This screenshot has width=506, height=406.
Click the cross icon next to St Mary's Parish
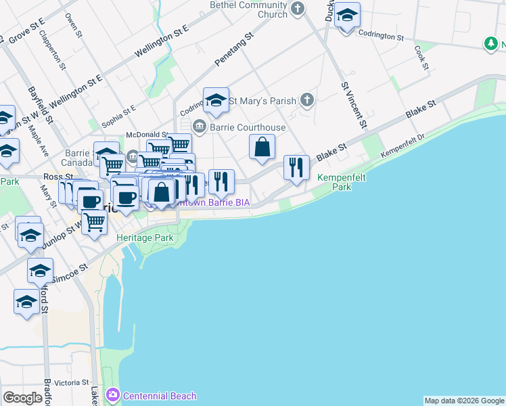coord(307,101)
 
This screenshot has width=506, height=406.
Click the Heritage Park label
coord(145,238)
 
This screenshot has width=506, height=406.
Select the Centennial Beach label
coord(160,396)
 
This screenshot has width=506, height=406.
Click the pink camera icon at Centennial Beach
coord(113,395)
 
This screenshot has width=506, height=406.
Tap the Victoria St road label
coord(67,382)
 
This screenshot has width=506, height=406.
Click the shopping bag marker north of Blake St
coord(262,146)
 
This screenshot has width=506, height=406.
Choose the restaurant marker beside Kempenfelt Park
coord(296,167)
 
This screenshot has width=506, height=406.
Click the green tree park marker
coord(491,44)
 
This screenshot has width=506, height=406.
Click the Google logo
coord(23,397)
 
